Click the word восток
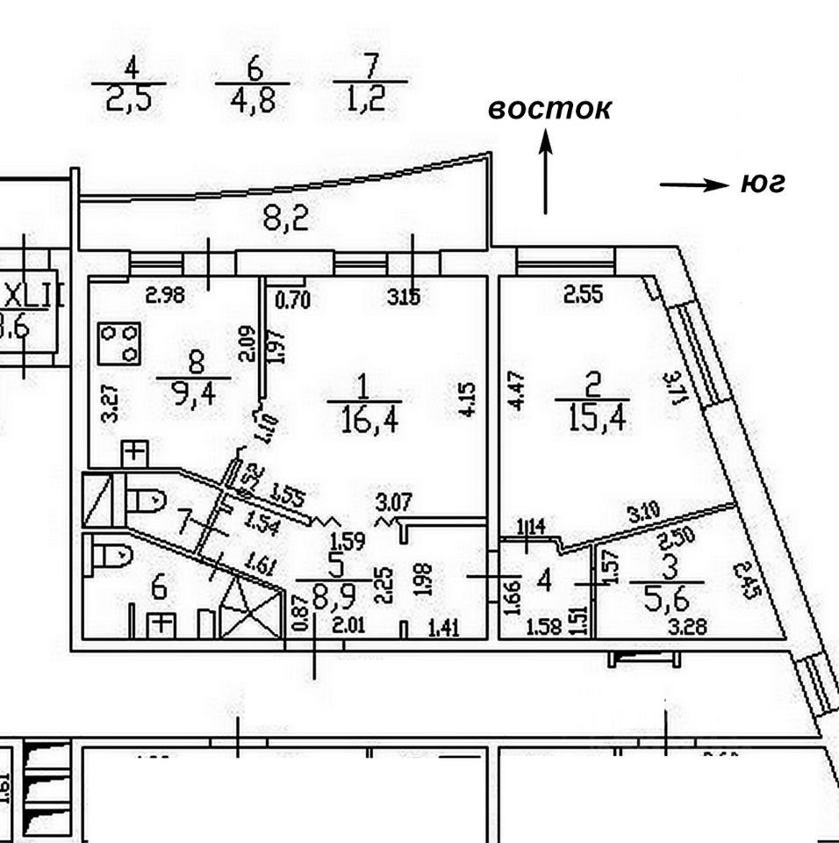click(x=549, y=109)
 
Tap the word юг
click(x=762, y=184)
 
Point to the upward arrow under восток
click(x=545, y=171)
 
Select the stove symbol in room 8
click(x=120, y=342)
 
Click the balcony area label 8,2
click(x=286, y=219)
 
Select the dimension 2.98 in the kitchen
click(x=165, y=296)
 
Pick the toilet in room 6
click(x=111, y=555)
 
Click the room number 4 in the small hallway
click(x=544, y=581)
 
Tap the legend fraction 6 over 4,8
click(x=253, y=85)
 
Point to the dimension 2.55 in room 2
click(x=583, y=296)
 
